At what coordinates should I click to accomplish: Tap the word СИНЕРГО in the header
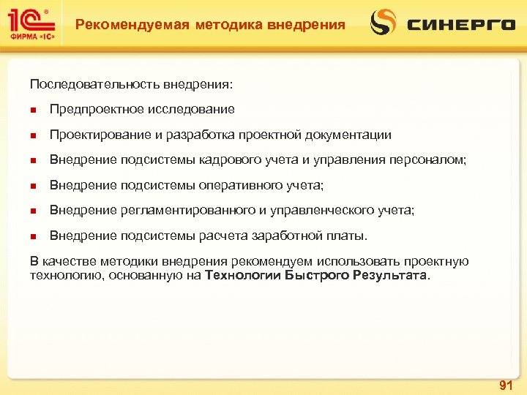461,25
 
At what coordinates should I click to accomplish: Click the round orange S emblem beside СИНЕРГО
383,22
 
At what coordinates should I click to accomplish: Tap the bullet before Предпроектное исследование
33,110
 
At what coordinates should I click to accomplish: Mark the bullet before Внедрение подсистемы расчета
33,236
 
